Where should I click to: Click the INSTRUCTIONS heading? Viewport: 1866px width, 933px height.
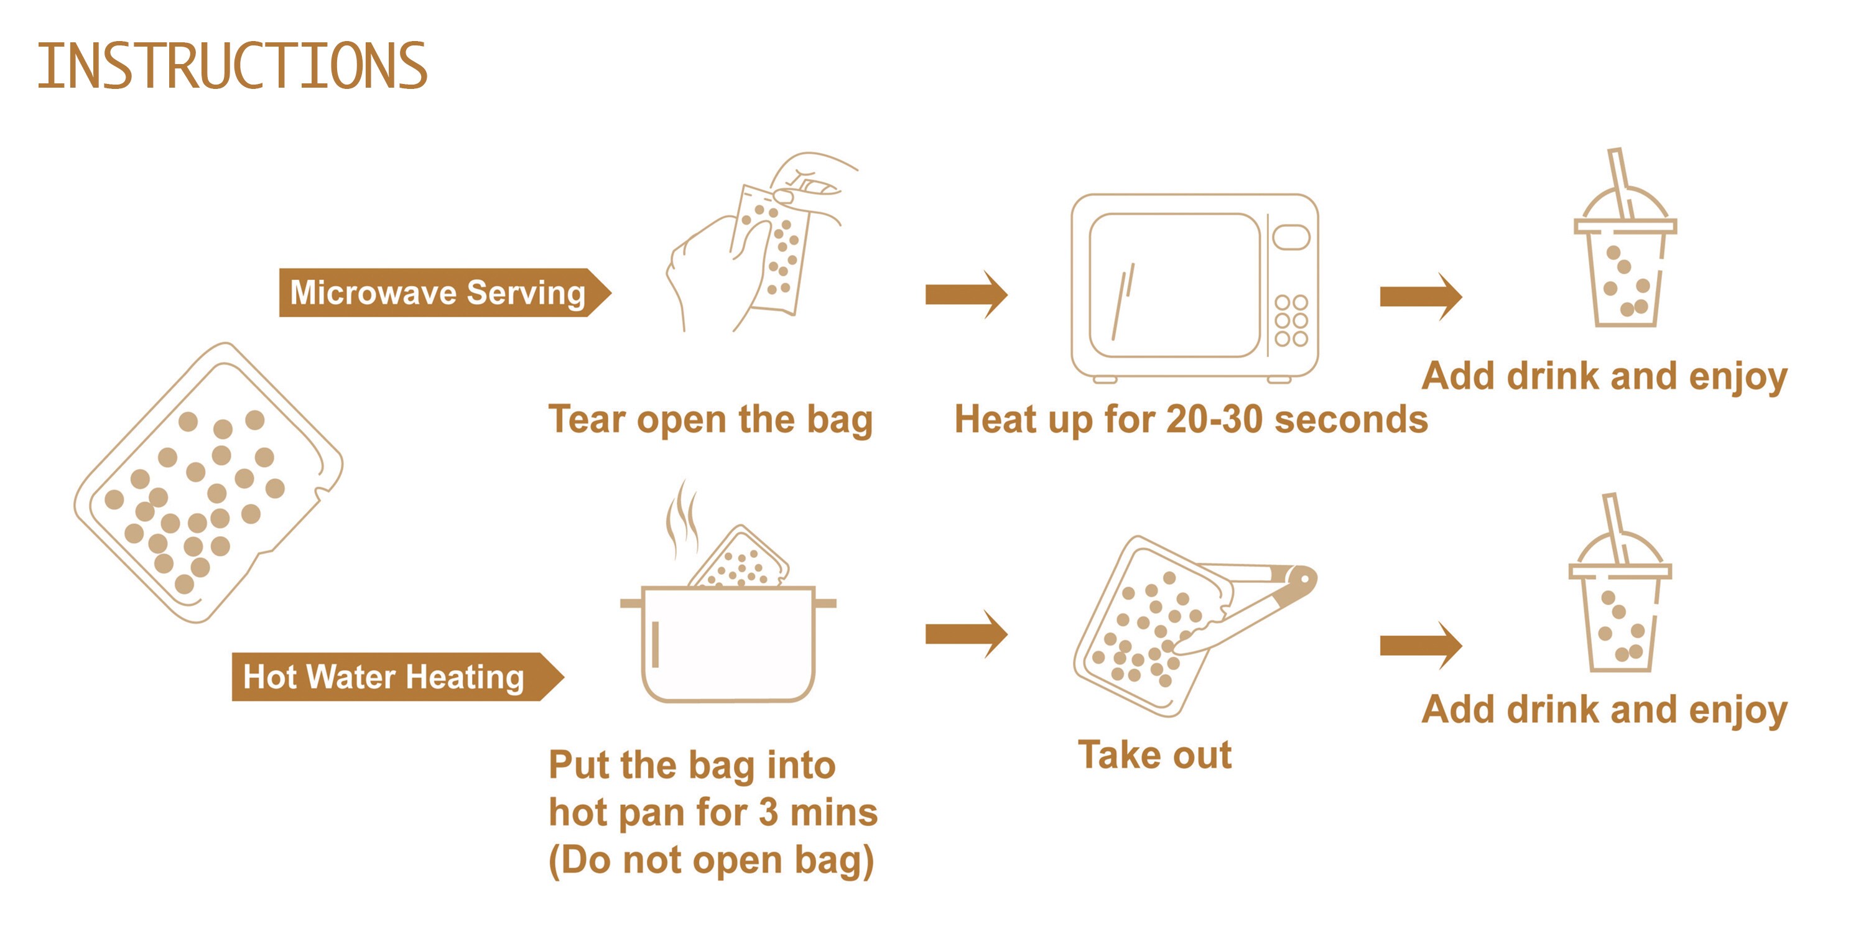(233, 66)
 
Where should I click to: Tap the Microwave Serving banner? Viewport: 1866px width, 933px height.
(445, 292)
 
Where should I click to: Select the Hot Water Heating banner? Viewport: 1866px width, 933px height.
(397, 677)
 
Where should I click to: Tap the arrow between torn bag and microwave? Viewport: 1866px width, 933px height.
(967, 295)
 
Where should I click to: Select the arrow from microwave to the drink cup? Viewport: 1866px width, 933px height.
(1421, 296)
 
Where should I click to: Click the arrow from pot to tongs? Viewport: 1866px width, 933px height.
(967, 634)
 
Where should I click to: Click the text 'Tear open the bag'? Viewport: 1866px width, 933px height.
(710, 419)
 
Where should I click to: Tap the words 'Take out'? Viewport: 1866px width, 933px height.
(1154, 755)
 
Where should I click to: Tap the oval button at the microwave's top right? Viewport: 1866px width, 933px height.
(1291, 237)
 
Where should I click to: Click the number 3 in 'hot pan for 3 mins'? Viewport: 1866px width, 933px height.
(769, 813)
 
